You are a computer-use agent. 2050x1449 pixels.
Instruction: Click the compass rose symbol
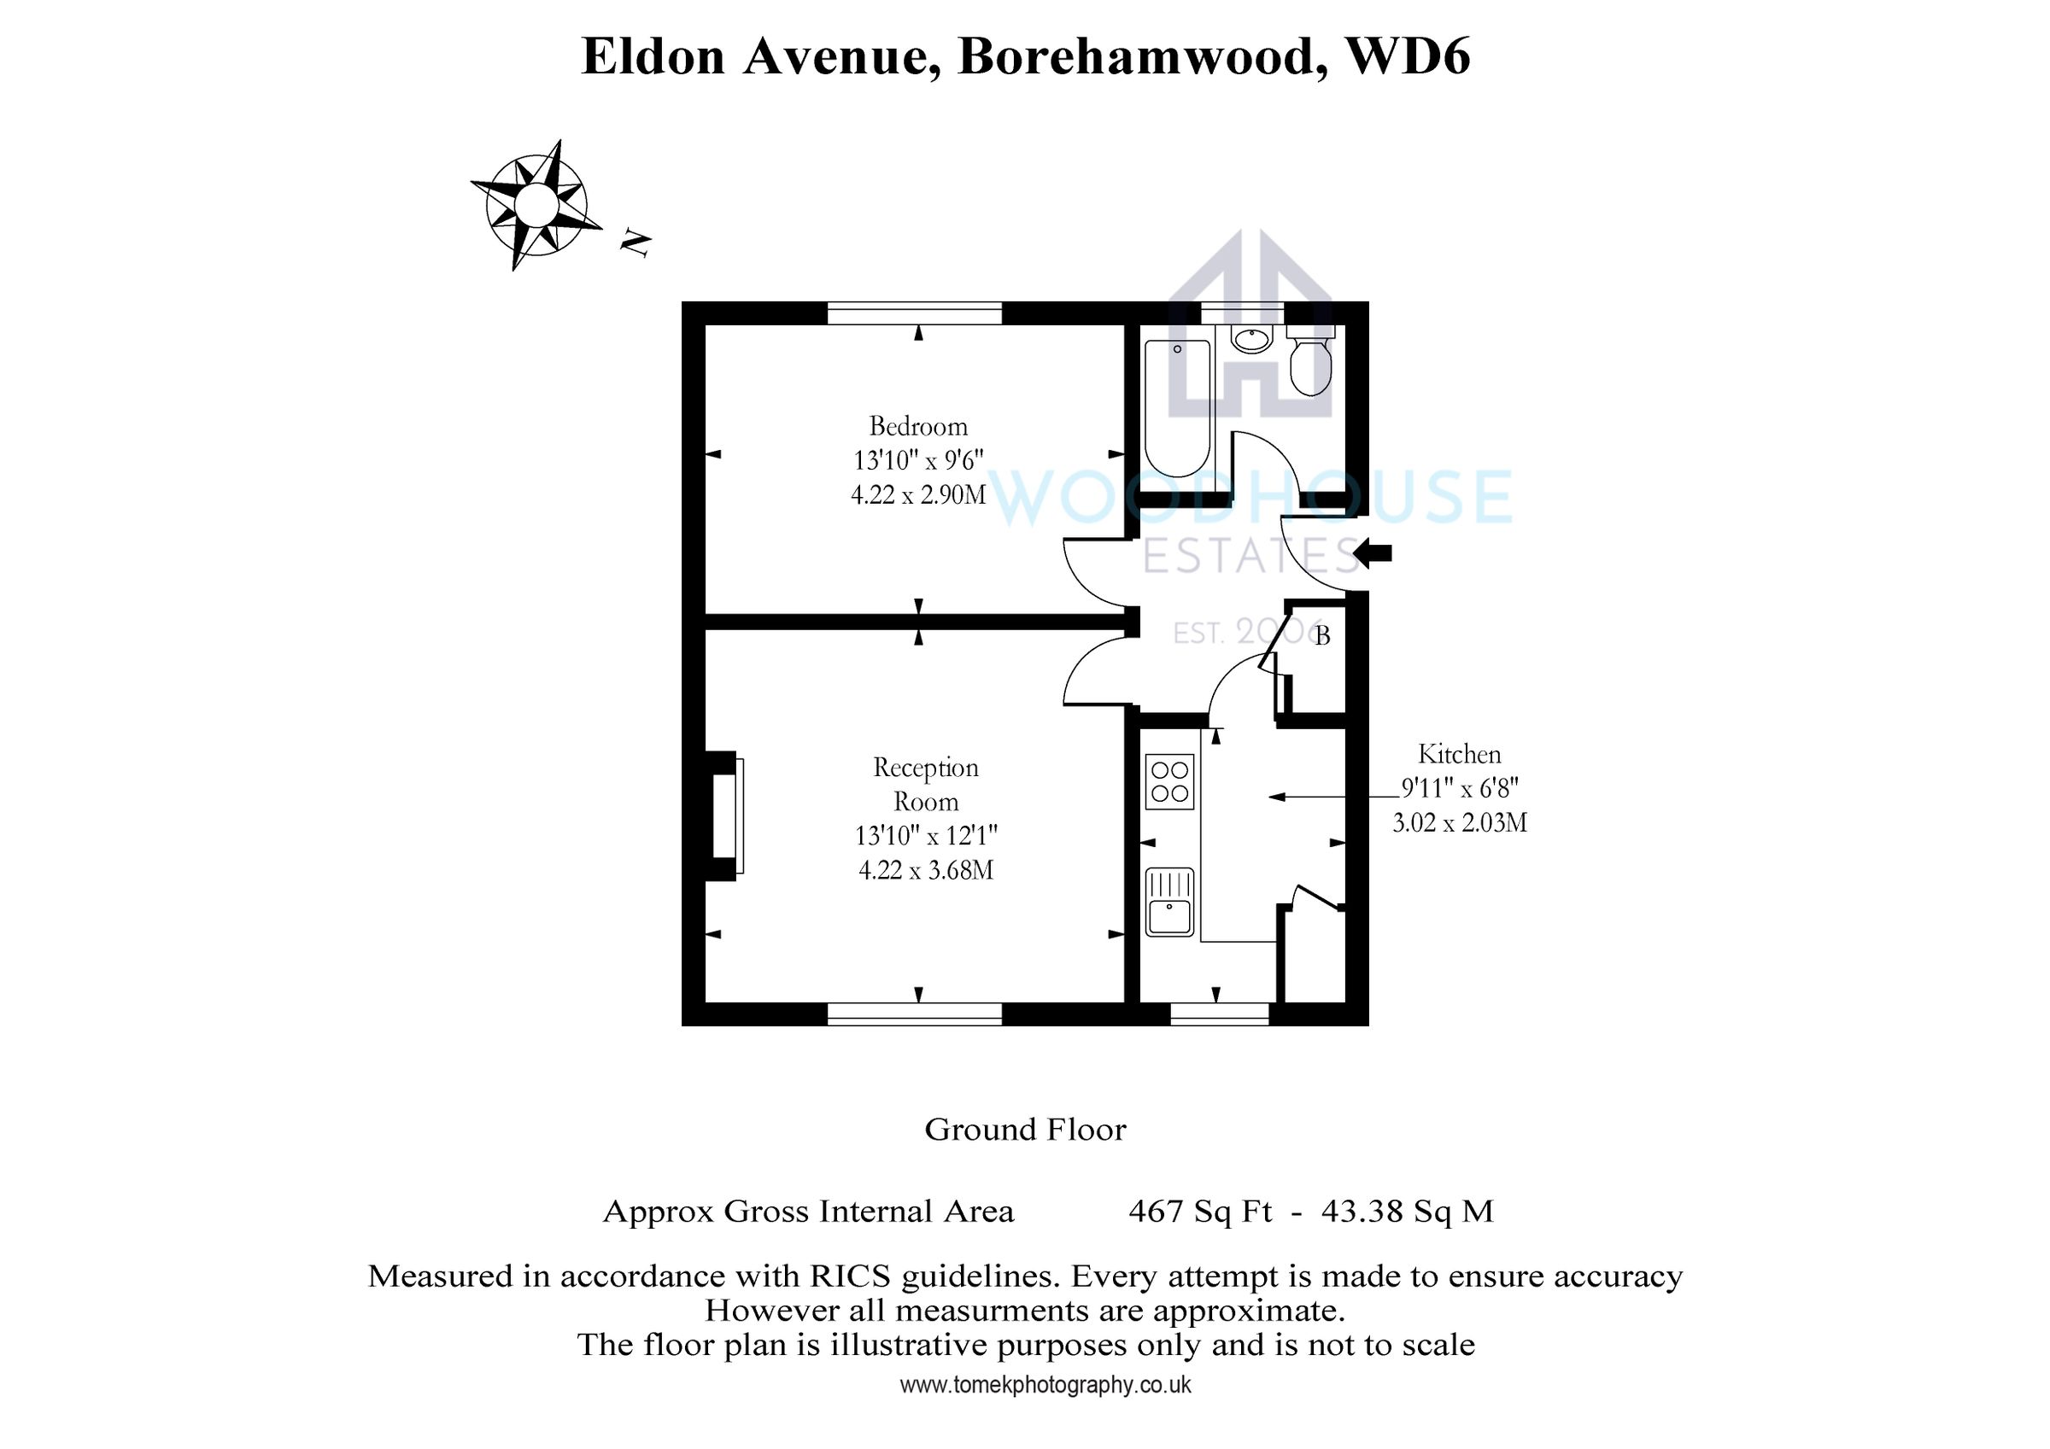tap(536, 204)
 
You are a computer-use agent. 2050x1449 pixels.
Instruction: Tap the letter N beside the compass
tap(635, 242)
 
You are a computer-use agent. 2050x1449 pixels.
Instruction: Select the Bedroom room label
tap(918, 426)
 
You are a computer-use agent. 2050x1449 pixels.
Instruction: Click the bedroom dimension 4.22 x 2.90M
tap(918, 494)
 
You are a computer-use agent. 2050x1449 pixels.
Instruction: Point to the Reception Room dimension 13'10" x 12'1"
tap(926, 836)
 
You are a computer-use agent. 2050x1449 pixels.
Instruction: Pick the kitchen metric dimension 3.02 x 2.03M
tap(1459, 822)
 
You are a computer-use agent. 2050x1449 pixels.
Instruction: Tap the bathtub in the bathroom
tap(1177, 407)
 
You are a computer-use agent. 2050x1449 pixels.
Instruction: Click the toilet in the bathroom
tap(1309, 361)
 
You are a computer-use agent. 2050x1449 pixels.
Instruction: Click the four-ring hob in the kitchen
tap(1168, 781)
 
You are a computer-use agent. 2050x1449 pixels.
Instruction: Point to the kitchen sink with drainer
tap(1168, 903)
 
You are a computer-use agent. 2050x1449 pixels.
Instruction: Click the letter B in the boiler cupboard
tap(1322, 635)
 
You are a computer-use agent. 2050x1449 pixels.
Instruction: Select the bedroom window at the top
tap(914, 313)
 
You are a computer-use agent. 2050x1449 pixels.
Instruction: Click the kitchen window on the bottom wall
tap(1219, 1014)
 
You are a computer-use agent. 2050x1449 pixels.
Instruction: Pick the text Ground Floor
tap(1025, 1131)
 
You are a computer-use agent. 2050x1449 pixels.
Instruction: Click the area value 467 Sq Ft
tap(1199, 1212)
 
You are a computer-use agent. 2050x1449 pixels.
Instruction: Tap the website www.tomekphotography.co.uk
tap(1045, 1386)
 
